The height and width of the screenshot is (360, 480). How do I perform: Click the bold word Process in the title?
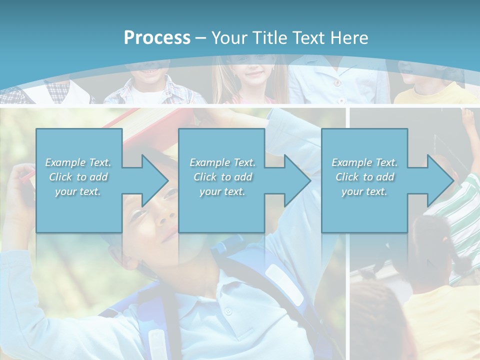click(x=157, y=38)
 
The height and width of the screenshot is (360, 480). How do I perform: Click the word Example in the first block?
click(x=65, y=162)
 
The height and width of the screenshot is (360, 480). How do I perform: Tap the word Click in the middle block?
click(x=204, y=177)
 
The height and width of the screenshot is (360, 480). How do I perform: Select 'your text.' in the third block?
click(x=364, y=191)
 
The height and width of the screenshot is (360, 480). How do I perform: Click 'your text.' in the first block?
click(x=78, y=191)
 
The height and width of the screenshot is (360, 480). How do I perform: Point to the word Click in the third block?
click(x=346, y=177)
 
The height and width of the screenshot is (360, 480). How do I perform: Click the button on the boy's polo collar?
click(x=228, y=310)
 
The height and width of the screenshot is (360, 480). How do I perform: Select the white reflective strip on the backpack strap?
click(x=283, y=285)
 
